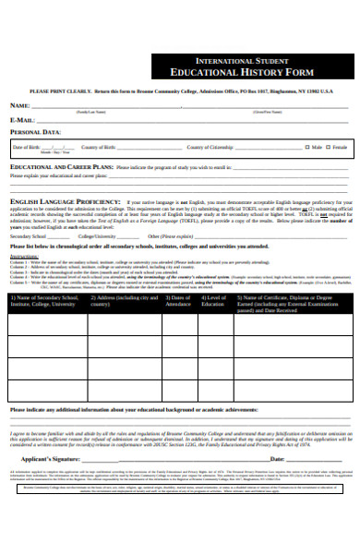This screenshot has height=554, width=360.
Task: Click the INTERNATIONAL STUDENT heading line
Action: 245,59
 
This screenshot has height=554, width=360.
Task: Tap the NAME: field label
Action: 19,106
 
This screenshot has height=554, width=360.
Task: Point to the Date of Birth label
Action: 27,147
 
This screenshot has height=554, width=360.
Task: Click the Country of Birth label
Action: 99,147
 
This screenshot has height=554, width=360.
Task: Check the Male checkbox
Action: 307,147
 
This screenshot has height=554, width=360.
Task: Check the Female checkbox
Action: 329,147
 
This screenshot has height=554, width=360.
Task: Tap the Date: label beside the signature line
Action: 276,458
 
